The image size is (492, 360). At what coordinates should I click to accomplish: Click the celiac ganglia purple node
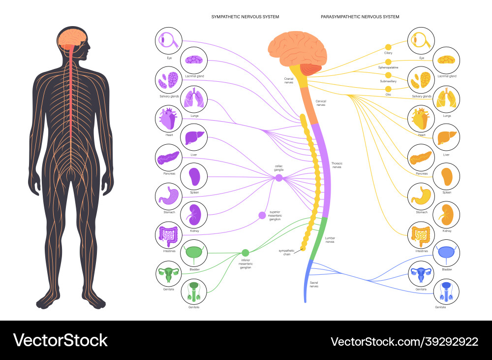point(279,178)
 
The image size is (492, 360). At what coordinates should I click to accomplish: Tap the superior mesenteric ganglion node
point(262,215)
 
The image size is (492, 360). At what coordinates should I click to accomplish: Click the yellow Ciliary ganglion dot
point(388,46)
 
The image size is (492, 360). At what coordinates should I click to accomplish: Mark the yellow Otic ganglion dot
point(388,88)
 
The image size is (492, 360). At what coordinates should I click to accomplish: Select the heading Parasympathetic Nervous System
point(360,17)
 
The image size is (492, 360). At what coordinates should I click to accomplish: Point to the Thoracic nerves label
point(337,165)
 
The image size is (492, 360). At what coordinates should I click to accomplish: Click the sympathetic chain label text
point(286,252)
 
